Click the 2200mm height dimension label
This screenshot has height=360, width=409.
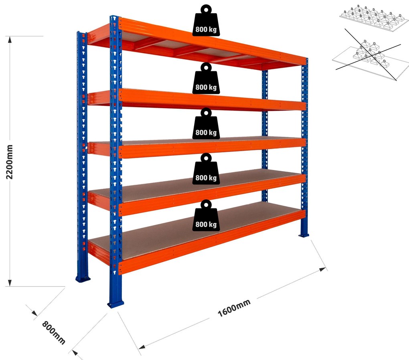[x=9, y=162]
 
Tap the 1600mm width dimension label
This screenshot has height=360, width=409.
[x=234, y=308]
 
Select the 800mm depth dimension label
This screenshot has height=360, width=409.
[x=53, y=332]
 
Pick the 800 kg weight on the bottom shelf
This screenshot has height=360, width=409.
[x=206, y=215]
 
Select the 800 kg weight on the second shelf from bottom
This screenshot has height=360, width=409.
[x=206, y=169]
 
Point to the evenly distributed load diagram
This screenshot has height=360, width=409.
[x=374, y=18]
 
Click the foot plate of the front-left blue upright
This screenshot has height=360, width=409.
[x=115, y=304]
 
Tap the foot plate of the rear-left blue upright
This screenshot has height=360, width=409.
[x=83, y=279]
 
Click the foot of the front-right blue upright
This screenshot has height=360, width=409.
[x=304, y=235]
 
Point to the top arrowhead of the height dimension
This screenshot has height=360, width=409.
[x=10, y=39]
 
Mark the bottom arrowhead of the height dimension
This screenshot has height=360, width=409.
[x=10, y=283]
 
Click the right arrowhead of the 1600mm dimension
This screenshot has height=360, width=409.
[x=323, y=269]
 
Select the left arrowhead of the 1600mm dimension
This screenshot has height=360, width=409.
[x=142, y=347]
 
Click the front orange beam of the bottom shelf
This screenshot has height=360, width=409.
[x=212, y=242]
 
